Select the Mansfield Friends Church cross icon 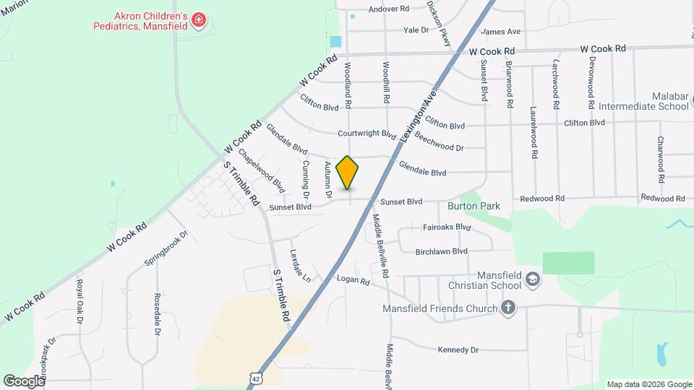[508, 308]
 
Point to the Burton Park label [474, 207]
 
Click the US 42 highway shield [255, 378]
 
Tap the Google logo [24, 381]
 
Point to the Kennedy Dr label [458, 350]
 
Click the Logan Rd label [354, 280]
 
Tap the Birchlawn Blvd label [442, 251]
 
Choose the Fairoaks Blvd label [445, 227]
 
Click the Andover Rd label [389, 9]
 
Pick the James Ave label [500, 32]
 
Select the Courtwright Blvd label [367, 134]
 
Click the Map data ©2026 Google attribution [648, 384]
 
